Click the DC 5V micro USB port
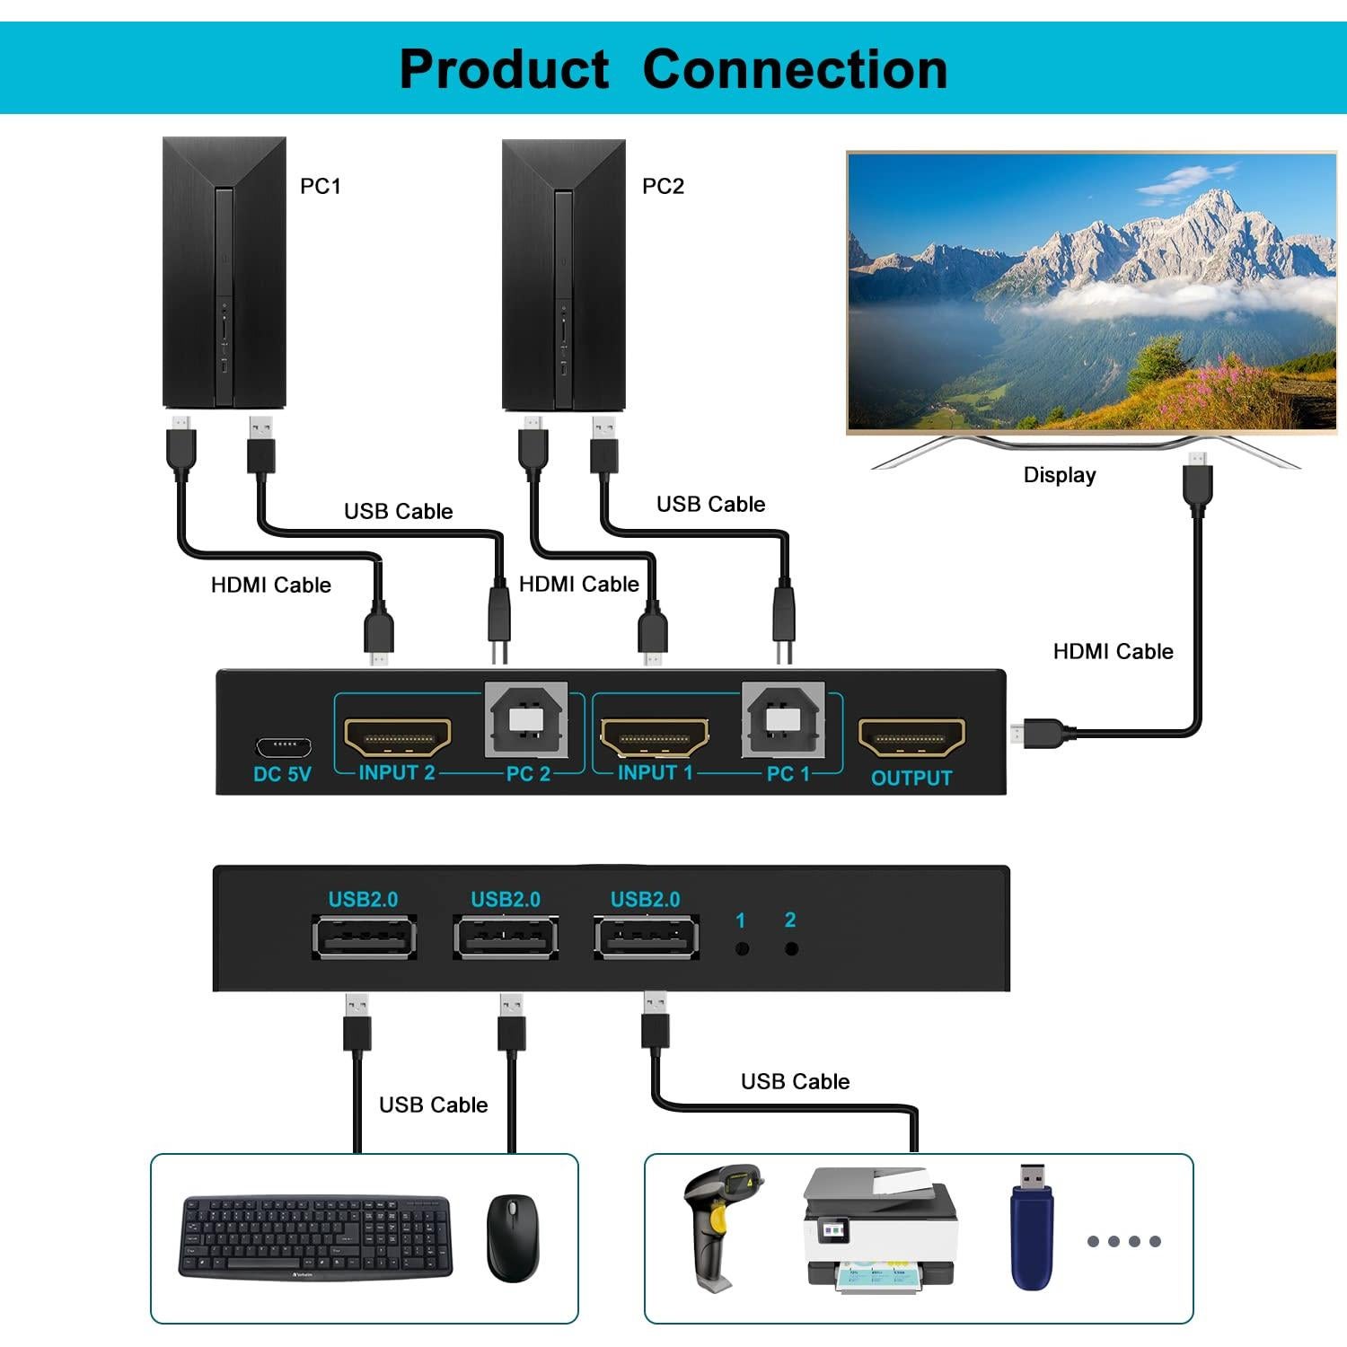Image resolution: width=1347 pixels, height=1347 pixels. (x=283, y=746)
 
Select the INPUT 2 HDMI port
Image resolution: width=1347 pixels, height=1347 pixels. (x=397, y=736)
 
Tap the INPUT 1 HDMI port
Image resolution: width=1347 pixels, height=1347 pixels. (x=654, y=736)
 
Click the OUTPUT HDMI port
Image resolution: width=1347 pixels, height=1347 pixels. (x=911, y=737)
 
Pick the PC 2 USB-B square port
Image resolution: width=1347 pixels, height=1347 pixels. (x=526, y=719)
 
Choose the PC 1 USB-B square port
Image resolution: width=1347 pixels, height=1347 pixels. (x=783, y=719)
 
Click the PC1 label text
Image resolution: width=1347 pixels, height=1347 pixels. (x=321, y=186)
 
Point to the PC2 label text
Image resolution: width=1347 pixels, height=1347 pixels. (x=663, y=186)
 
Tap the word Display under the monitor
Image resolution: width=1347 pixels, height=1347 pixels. (x=1060, y=475)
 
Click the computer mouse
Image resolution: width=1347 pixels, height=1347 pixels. (x=513, y=1237)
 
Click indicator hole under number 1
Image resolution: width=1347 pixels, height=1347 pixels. (x=742, y=948)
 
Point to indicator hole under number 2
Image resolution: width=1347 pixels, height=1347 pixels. (x=791, y=948)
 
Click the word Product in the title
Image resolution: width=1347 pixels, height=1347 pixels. (x=504, y=69)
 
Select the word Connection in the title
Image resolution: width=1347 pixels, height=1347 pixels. (x=795, y=69)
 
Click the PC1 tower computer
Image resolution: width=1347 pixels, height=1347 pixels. (x=224, y=273)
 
